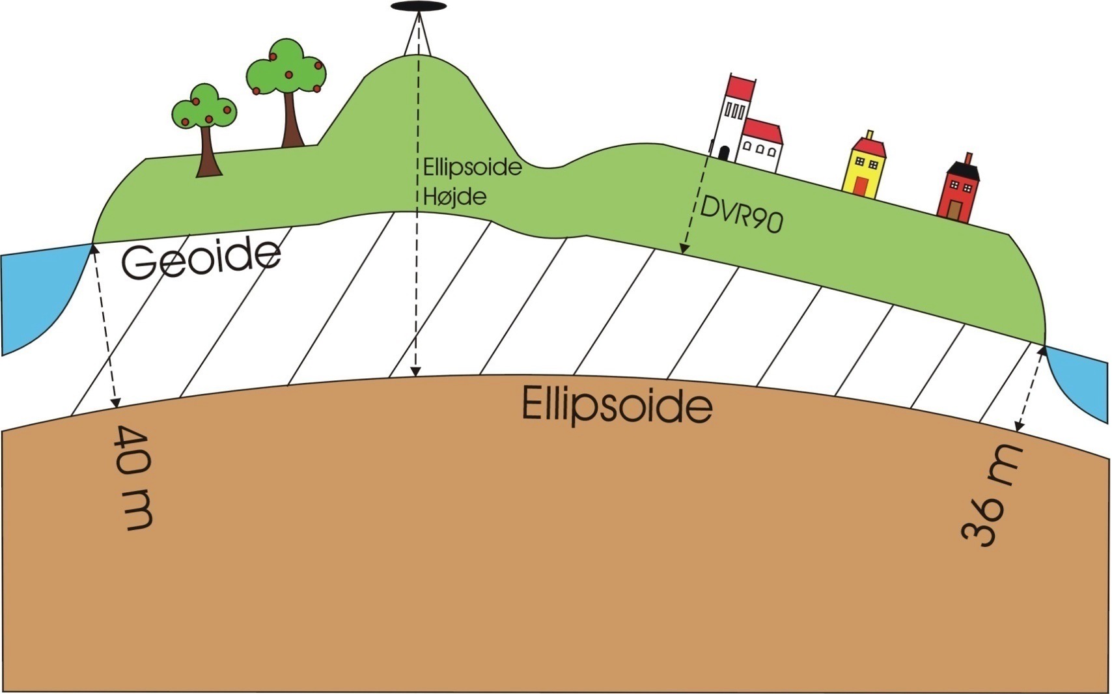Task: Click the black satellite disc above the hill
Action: (419, 7)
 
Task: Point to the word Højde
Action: (454, 197)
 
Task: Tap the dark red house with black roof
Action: (958, 189)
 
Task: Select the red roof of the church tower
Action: (741, 89)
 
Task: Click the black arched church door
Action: (724, 154)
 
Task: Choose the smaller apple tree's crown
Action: (204, 107)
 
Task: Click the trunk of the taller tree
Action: (292, 119)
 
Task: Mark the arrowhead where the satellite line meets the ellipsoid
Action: (416, 371)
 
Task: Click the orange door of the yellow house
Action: (861, 186)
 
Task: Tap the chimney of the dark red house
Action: (968, 158)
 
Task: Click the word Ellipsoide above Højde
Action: (472, 167)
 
